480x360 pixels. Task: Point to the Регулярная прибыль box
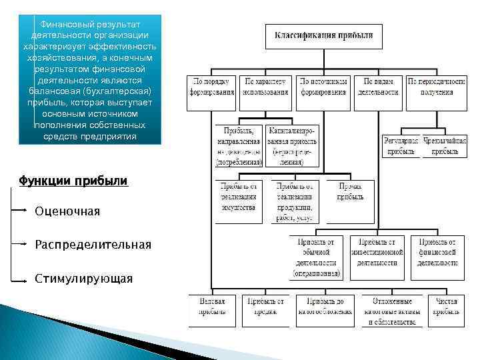[401, 146]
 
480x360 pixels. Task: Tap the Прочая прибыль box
[349, 191]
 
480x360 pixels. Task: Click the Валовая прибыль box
[212, 311]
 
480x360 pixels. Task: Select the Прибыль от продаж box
[267, 311]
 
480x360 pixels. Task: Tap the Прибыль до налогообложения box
[325, 311]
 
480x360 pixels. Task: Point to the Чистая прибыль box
[446, 311]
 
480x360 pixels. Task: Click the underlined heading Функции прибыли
[73, 181]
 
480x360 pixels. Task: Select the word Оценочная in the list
[67, 211]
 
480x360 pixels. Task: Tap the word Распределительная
[93, 245]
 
